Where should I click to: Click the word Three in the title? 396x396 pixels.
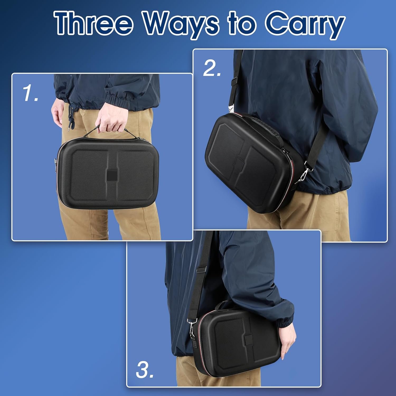point(94,23)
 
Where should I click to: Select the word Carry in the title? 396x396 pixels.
point(305,25)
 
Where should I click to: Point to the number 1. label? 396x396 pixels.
point(31,93)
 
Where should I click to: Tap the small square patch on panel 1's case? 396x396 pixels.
point(112,176)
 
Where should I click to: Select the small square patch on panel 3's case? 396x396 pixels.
point(248,340)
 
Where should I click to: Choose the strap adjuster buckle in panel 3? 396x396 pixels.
point(201,269)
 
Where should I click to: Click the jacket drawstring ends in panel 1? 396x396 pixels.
point(71,123)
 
